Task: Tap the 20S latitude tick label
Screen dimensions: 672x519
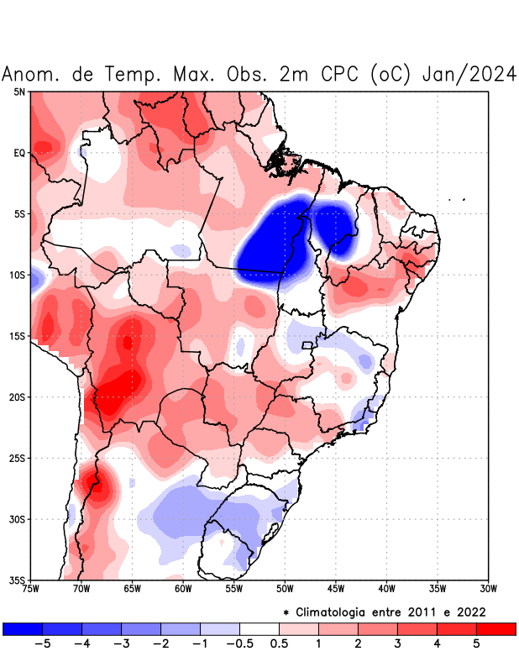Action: pyautogui.click(x=18, y=397)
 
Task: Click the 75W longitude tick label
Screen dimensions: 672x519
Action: pyautogui.click(x=31, y=588)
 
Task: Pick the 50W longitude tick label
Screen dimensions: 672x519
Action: pyautogui.click(x=285, y=588)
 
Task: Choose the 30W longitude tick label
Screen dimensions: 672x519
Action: pyautogui.click(x=489, y=588)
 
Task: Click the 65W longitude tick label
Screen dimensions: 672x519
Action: pyautogui.click(x=133, y=588)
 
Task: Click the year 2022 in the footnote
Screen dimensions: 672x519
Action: pyautogui.click(x=470, y=612)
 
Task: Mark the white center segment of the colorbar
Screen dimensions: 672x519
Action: pyautogui.click(x=259, y=628)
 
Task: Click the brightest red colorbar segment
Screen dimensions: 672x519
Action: pyautogui.click(x=495, y=628)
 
